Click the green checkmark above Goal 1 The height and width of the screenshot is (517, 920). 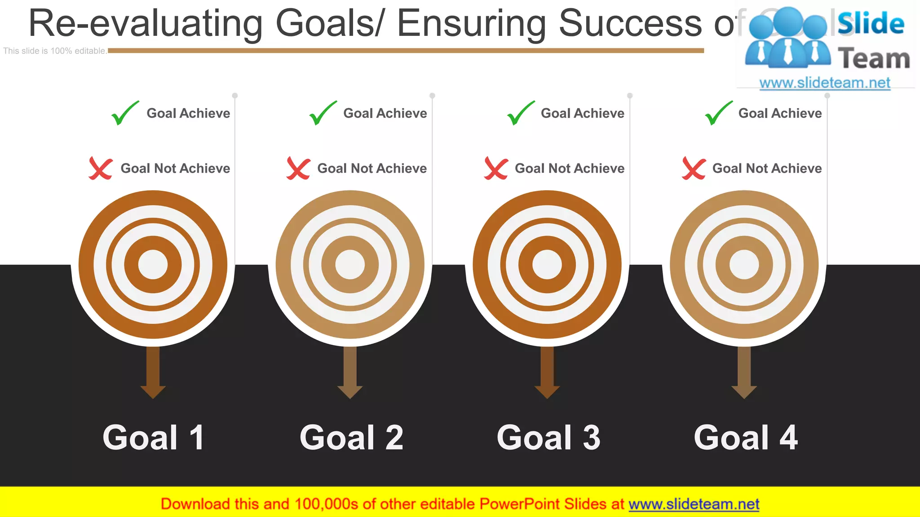(x=124, y=113)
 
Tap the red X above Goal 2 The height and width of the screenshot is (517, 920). (x=298, y=169)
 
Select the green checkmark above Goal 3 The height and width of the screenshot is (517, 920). (x=520, y=113)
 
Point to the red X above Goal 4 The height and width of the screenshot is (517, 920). (x=694, y=169)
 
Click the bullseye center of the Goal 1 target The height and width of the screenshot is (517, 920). (x=153, y=264)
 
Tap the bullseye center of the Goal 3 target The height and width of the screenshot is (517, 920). (x=547, y=264)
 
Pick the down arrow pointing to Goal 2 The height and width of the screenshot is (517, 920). (x=350, y=372)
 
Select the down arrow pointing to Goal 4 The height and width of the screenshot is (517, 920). (x=744, y=372)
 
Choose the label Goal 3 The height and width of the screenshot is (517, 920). (x=548, y=438)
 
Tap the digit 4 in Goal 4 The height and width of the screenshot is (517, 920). (x=789, y=438)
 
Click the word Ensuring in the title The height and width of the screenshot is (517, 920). (x=471, y=23)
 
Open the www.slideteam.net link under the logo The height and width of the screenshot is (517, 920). (x=825, y=83)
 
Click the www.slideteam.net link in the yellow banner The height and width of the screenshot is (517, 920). (x=694, y=504)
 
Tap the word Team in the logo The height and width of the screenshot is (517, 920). (x=874, y=59)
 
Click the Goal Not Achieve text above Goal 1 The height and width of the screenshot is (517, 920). (x=175, y=168)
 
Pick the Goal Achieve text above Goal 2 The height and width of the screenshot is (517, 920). (x=385, y=113)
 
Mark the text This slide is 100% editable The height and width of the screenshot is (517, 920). (x=55, y=51)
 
